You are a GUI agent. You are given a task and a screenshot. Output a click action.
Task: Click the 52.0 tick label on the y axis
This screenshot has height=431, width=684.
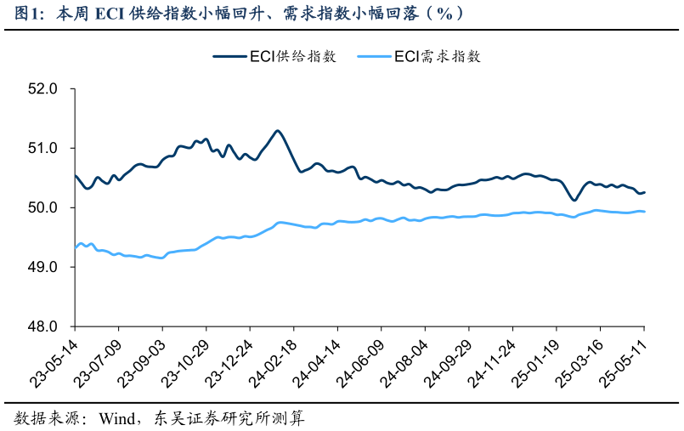pos(44,88)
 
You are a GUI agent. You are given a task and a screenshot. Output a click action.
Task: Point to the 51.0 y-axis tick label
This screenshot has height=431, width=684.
pos(44,148)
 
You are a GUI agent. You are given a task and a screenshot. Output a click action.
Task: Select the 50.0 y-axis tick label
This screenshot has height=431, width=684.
pos(44,207)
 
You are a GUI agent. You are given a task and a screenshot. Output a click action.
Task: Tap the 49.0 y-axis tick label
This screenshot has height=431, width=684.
pos(44,267)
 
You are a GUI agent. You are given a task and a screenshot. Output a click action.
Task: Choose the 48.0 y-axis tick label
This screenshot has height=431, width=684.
pos(44,326)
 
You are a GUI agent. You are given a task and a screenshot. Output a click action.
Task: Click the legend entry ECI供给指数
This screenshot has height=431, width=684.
pos(292,57)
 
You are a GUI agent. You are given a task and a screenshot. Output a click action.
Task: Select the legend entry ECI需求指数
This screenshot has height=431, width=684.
pos(438,57)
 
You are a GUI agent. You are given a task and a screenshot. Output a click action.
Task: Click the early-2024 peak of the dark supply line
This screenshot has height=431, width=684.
pos(278,130)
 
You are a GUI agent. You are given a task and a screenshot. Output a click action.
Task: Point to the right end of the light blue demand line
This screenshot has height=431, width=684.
pos(644,212)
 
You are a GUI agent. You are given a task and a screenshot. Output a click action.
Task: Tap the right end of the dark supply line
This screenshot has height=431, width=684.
pos(644,192)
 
